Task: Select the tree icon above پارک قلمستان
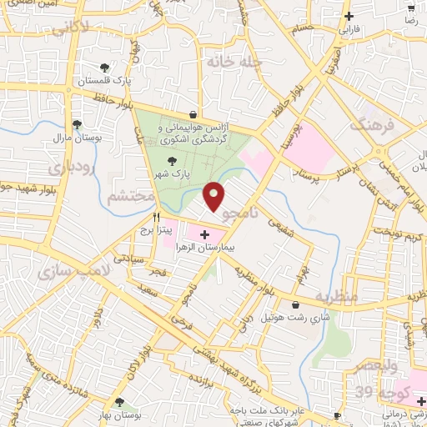pyautogui.click(x=104, y=68)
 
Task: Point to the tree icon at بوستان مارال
pyautogui.click(x=77, y=124)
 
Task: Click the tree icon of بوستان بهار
pyautogui.click(x=122, y=402)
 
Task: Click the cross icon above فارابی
pyautogui.click(x=349, y=17)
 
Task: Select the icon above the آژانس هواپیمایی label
pyautogui.click(x=193, y=114)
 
